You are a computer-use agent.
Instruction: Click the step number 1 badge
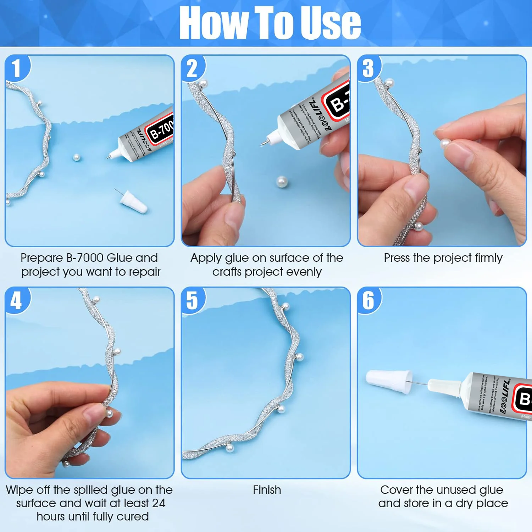tap(16, 68)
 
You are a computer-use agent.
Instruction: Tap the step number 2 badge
tap(192, 68)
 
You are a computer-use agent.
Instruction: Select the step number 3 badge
tap(368, 68)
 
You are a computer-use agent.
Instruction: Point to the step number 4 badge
tap(16, 301)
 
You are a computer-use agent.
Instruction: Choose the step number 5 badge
tap(192, 301)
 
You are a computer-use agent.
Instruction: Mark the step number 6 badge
tap(368, 301)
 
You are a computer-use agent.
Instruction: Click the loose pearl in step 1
tap(76, 157)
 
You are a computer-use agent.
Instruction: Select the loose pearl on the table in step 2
tap(282, 182)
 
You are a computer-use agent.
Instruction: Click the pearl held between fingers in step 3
tap(445, 144)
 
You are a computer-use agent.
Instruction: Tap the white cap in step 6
tap(389, 382)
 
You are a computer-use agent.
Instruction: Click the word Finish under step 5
tap(267, 490)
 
